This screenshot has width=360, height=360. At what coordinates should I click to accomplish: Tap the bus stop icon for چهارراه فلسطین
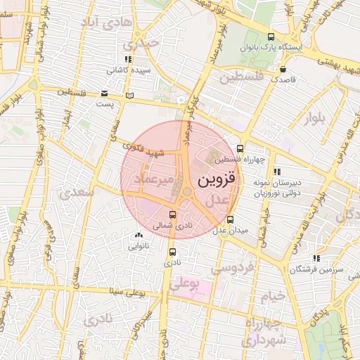pos(240,148)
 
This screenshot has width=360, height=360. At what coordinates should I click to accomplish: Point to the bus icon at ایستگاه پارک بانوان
pos(271,37)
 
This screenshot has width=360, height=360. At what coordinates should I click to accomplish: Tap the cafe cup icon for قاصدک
pos(283,70)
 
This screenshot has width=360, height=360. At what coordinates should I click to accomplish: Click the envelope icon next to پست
pos(104,94)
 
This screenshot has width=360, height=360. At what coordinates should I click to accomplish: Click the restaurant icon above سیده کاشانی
pos(127,60)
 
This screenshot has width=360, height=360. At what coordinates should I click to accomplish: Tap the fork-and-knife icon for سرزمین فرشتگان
pos(317,258)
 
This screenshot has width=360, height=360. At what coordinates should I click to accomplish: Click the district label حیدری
pos(160,42)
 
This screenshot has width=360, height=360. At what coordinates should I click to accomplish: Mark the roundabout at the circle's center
pos(186,191)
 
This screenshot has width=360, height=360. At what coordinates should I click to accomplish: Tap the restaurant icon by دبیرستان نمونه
pos(276,171)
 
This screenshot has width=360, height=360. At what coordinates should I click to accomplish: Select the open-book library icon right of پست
pos(127,94)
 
